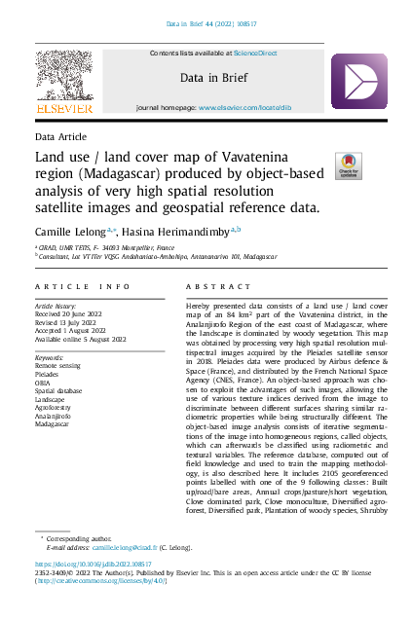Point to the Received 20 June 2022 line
coord(77,315)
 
